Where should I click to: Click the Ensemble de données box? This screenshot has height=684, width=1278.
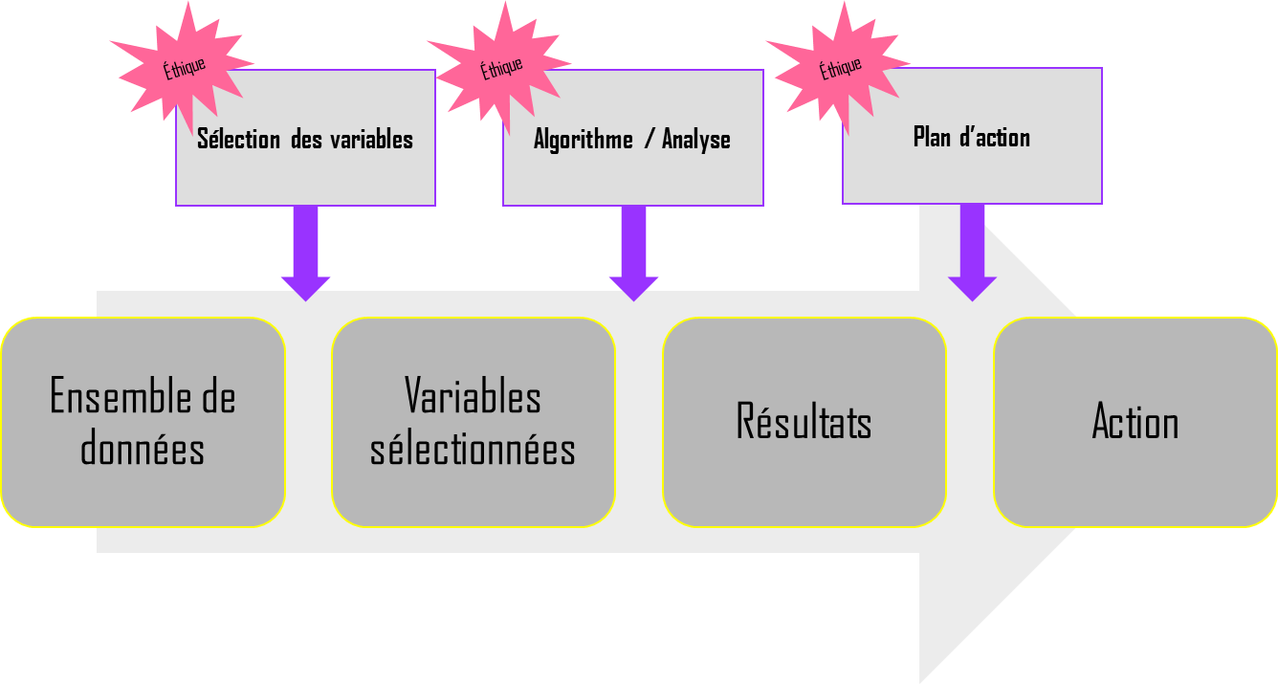[143, 422]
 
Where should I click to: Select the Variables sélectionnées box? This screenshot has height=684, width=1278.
[474, 422]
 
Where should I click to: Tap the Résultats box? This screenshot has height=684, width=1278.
[804, 422]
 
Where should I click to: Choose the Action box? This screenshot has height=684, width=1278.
[1135, 422]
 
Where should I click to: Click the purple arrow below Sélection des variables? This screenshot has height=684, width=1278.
[305, 254]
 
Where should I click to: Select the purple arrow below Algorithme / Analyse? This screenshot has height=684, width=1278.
[633, 254]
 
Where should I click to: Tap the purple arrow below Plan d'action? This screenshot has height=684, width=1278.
[972, 254]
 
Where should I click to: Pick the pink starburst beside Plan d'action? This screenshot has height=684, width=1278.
[839, 68]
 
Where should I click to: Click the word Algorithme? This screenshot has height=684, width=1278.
[583, 140]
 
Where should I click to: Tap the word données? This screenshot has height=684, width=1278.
[143, 448]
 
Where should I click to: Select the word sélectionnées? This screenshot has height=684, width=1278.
[473, 448]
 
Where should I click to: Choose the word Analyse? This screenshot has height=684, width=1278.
[695, 140]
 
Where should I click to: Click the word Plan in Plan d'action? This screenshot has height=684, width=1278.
[932, 138]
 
